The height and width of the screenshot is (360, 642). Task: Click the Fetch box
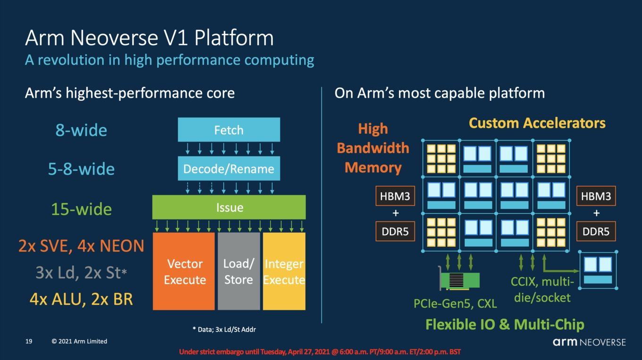(229, 129)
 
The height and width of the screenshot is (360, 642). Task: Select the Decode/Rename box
(229, 168)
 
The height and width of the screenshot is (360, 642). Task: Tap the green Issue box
(229, 207)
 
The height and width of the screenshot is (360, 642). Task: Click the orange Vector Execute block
(184, 271)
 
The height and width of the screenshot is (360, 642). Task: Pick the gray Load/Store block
(239, 271)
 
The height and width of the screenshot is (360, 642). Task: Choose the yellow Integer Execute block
(284, 271)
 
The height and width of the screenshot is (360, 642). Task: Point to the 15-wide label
(81, 209)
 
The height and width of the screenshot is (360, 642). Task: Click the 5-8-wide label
(81, 169)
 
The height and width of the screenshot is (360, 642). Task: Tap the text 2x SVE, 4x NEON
(81, 246)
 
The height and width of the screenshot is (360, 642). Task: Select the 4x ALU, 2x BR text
(81, 299)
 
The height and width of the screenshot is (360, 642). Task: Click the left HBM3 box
(395, 196)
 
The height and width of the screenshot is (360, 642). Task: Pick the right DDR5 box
(596, 231)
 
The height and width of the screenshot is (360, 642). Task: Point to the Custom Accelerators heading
(537, 123)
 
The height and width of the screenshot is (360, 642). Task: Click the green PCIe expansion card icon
(459, 279)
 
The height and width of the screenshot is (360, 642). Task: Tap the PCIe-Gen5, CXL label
(455, 303)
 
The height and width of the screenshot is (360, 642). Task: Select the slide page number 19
(29, 341)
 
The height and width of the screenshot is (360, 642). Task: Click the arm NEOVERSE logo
(589, 342)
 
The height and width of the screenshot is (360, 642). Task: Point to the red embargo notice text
(320, 352)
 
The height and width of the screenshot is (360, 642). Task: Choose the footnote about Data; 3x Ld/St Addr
(224, 329)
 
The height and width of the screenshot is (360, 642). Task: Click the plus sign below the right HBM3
(596, 213)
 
